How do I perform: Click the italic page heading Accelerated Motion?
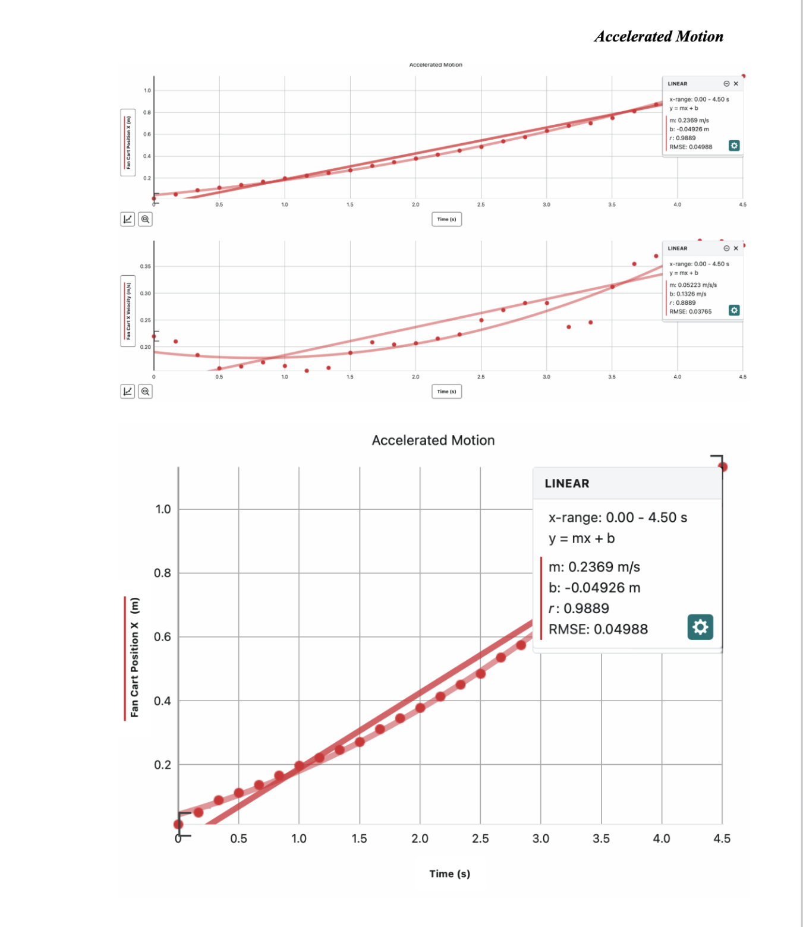659,37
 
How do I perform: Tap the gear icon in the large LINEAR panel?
700,627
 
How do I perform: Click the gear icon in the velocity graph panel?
734,310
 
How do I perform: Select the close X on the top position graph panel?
736,84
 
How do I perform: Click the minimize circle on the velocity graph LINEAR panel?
726,248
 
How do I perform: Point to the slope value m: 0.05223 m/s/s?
693,285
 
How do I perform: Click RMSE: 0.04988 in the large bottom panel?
598,629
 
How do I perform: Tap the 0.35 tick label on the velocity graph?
146,266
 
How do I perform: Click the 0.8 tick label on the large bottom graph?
162,573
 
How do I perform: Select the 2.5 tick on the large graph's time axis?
480,838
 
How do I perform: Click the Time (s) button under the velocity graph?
446,392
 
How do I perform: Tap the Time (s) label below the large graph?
449,874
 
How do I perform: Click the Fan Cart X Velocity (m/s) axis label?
128,311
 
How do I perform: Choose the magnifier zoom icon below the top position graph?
145,219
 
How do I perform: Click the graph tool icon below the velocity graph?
128,392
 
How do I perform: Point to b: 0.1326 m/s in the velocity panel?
688,294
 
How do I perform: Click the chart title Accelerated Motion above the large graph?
433,440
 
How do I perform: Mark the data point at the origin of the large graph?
178,824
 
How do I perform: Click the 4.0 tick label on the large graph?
662,838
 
